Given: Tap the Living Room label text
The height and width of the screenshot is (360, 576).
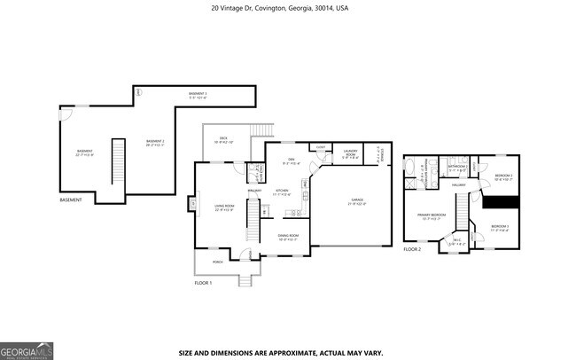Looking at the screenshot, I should click(224, 207).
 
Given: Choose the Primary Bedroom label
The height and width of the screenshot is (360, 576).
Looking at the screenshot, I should click(431, 216).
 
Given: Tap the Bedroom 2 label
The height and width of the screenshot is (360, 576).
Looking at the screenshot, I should click(503, 177).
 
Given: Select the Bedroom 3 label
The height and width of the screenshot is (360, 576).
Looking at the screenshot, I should click(500, 229).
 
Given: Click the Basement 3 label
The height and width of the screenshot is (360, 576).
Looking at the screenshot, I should click(198, 95).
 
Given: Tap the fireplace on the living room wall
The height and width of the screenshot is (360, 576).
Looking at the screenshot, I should click(192, 205).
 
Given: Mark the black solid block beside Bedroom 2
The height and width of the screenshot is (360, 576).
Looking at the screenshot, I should click(499, 201).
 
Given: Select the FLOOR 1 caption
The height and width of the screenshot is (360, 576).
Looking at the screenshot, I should click(204, 283).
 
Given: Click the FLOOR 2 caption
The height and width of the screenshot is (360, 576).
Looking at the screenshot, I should click(412, 250).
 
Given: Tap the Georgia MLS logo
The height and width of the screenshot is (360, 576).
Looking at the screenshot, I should click(27, 349).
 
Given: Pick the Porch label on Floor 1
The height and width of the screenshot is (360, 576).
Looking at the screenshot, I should click(217, 262).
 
